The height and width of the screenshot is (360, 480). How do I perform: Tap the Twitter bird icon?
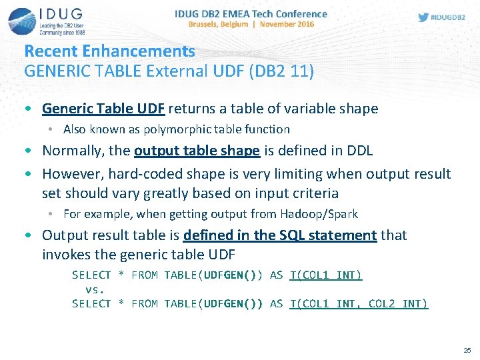[423, 17]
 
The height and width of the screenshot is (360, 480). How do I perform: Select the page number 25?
[467, 350]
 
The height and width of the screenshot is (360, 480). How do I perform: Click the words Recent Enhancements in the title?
[110, 51]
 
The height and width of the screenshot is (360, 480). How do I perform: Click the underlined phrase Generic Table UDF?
[105, 109]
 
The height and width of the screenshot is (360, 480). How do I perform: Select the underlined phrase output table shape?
[197, 151]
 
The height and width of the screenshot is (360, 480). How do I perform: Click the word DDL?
[359, 151]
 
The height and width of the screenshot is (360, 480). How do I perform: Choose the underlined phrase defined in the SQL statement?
[280, 235]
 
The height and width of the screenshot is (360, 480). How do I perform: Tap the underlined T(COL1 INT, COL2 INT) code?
[359, 304]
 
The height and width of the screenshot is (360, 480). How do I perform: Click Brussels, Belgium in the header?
[217, 25]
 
